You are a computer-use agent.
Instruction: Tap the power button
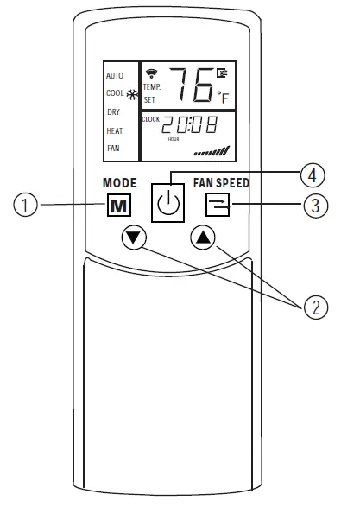(x=169, y=204)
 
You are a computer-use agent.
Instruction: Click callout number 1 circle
(x=29, y=205)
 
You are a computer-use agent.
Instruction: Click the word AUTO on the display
(x=115, y=76)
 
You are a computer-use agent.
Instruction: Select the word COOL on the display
(x=115, y=93)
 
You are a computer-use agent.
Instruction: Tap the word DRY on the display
(x=113, y=111)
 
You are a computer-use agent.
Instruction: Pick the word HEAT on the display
(x=114, y=130)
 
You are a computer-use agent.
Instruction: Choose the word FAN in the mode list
(x=113, y=148)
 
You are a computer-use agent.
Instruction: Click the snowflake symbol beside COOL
(x=132, y=94)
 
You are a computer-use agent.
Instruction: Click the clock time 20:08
(x=191, y=126)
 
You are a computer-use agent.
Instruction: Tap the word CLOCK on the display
(x=151, y=119)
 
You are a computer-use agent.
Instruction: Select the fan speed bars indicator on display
(x=212, y=151)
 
